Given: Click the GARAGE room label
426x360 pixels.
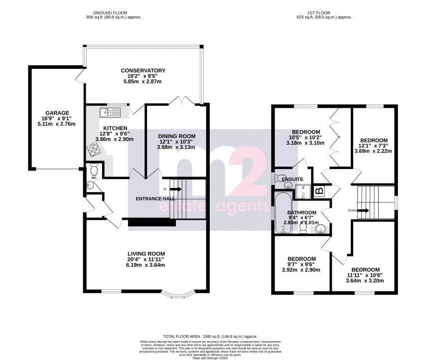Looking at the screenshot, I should [x=57, y=113].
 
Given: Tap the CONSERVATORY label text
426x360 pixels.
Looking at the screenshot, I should [x=143, y=70].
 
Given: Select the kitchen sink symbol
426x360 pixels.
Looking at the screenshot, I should [x=107, y=111].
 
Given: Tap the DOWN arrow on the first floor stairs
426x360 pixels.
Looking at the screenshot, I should [x=363, y=210].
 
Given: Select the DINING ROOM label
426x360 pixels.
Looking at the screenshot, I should [x=177, y=136].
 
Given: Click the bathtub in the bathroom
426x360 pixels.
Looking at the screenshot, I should [x=282, y=213].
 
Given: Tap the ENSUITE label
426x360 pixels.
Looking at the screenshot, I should [x=291, y=179].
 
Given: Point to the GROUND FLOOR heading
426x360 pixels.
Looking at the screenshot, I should [x=114, y=12].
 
